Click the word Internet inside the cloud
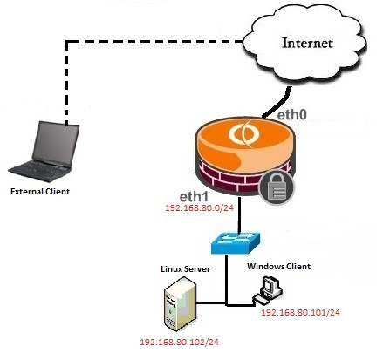click(308, 43)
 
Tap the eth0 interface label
click(291, 115)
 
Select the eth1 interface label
click(194, 197)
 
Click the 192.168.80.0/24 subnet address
click(200, 207)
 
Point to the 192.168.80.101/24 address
click(300, 313)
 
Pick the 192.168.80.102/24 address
click(179, 342)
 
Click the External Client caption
click(40, 192)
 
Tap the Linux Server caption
click(185, 268)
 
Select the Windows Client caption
click(279, 267)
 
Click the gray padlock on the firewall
click(277, 187)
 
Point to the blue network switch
click(236, 242)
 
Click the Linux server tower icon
click(181, 303)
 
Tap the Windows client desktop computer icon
click(268, 290)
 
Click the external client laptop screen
click(56, 145)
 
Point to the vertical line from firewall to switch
click(239, 215)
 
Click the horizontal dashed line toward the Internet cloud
click(154, 42)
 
